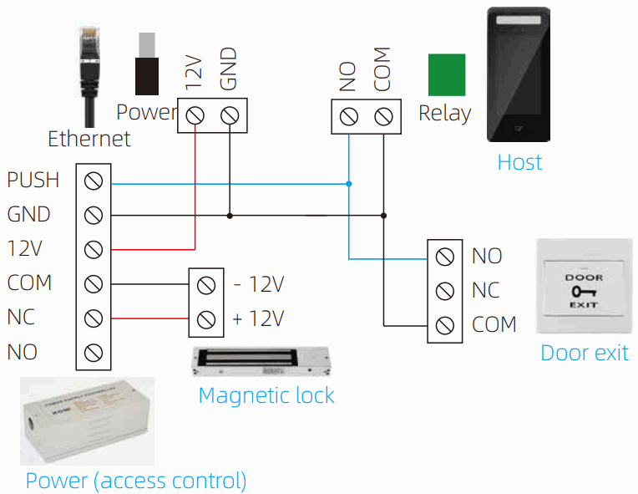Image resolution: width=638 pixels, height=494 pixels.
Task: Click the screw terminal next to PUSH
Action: coord(94,181)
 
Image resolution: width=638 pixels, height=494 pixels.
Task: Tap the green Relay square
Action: coord(446,75)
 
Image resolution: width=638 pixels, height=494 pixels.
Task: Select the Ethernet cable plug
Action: coord(88,63)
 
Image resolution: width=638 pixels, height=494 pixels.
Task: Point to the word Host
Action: coord(519,162)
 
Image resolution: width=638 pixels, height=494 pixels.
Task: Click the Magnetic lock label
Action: coord(266,395)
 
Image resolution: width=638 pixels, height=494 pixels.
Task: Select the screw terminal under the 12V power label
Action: coord(195,115)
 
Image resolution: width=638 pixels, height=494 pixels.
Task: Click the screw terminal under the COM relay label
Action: coord(383,115)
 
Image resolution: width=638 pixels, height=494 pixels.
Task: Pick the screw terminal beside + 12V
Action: coord(205,319)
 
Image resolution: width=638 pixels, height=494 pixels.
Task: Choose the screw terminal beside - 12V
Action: coord(205,285)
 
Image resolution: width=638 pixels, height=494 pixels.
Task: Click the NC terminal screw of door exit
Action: coord(445,291)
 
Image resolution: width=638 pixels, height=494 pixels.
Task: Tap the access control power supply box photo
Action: coord(87,420)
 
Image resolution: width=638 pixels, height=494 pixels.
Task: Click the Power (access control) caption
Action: coord(136,481)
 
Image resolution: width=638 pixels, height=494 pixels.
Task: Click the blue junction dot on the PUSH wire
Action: coord(349,183)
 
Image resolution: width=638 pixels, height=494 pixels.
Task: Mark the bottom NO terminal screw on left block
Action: coord(94,352)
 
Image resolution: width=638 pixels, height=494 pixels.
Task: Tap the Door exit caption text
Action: coord(584,352)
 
